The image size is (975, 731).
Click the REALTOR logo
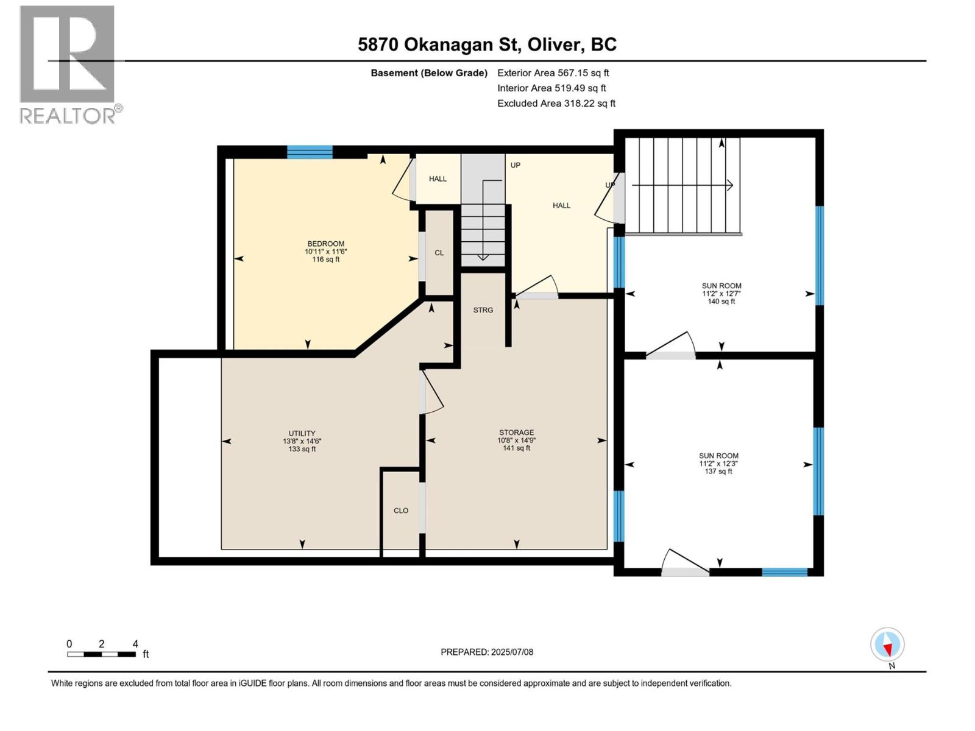coord(70,65)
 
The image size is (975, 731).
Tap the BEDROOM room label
coord(325,244)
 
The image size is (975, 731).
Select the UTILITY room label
coord(302,433)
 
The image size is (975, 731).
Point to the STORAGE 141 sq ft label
coord(516,440)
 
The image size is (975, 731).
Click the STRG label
coord(483,310)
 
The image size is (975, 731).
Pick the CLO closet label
coord(400,511)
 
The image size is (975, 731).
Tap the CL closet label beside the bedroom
coord(439,253)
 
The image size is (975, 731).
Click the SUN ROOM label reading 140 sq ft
coord(721,294)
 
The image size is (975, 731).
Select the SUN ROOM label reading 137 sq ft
coord(718,464)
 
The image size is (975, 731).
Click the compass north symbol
coord(887,645)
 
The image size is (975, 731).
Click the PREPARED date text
coord(487,652)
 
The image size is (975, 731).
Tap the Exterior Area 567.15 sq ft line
coord(553,72)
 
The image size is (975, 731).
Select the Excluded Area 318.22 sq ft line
coord(556,104)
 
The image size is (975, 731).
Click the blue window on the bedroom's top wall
coord(310,152)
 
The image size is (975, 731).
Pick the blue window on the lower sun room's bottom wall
coord(784,572)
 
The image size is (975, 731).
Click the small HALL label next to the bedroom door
coord(438,179)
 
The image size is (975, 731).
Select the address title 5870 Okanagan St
coord(439,45)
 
